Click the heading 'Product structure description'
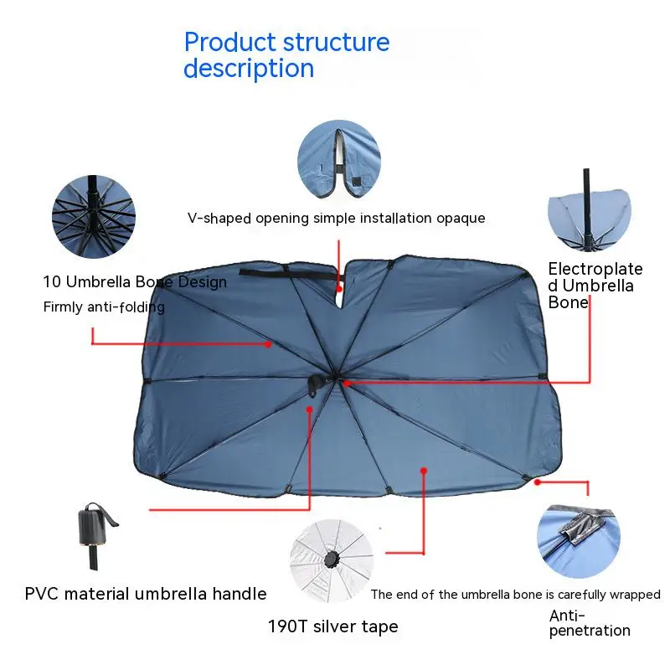point(286,54)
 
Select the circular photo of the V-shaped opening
point(338,159)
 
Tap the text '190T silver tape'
point(332,626)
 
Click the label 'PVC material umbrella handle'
point(146,594)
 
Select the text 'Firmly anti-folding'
point(104,307)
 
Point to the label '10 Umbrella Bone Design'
point(135,282)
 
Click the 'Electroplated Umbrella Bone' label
point(595,286)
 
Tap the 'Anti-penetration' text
point(590,623)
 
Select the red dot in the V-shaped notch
point(339,287)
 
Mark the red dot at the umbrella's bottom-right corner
point(538,482)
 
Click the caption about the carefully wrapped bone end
point(515,595)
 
